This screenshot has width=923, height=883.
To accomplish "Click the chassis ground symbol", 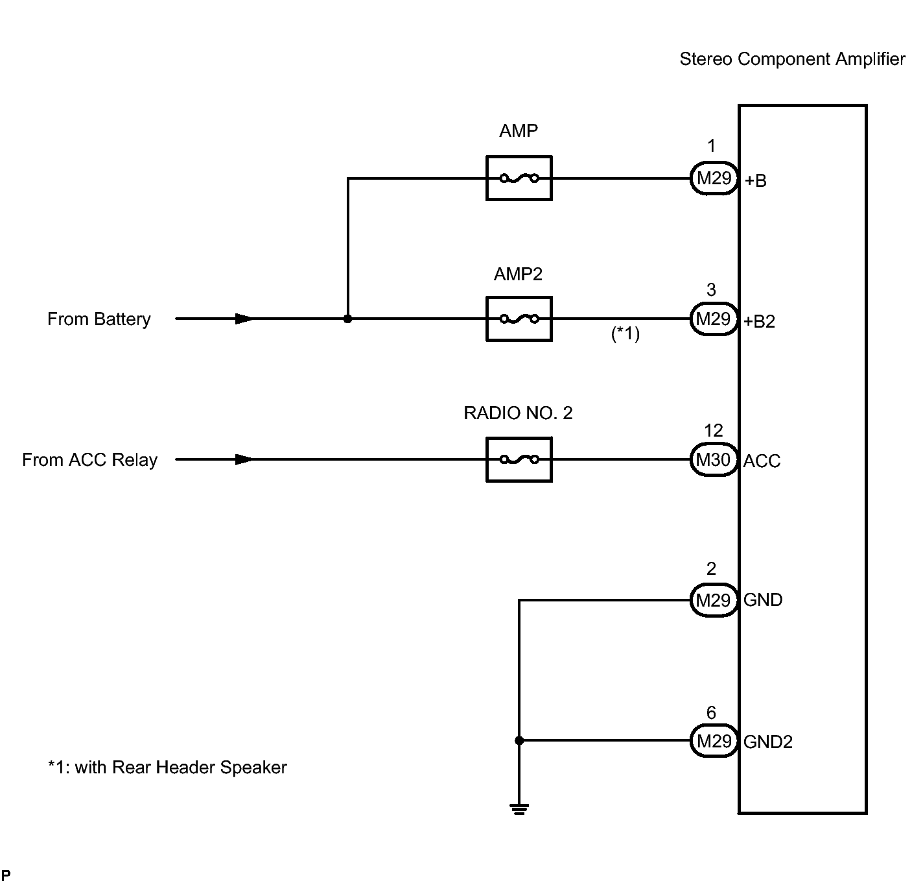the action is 519,808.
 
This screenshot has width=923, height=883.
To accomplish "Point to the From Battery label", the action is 99,319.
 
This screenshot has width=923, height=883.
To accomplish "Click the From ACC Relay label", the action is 89,459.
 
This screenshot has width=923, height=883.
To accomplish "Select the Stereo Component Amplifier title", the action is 792,59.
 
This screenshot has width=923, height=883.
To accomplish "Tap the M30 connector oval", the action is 714,459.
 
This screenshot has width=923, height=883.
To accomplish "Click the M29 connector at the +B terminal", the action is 714,178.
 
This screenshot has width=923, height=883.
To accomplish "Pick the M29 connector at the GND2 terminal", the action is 714,740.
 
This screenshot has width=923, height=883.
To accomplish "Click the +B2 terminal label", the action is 759,321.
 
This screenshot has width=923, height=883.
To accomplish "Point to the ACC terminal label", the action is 762,461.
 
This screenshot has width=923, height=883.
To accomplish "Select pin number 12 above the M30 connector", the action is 714,431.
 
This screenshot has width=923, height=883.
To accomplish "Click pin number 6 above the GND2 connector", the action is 711,712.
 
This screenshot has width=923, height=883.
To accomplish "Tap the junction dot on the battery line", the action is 347,319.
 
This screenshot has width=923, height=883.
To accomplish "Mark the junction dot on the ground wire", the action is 519,740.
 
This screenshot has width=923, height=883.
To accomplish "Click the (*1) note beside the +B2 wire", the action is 625,333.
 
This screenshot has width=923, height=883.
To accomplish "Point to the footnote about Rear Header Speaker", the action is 167,768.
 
